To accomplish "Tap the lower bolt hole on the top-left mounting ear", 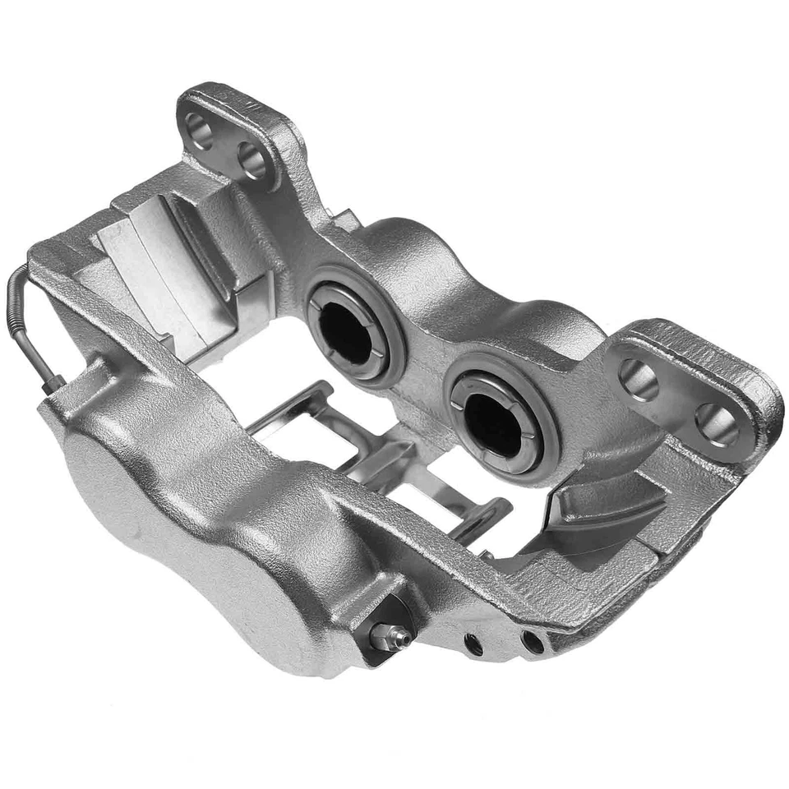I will click(x=252, y=159).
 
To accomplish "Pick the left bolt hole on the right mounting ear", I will click(x=638, y=379).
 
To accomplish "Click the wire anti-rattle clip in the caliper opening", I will click(x=386, y=460).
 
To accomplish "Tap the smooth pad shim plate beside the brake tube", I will click(x=164, y=271).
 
